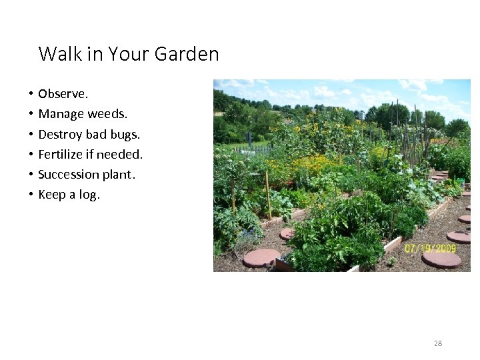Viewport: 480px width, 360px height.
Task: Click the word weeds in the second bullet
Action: (x=104, y=114)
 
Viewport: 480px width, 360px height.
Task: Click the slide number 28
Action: (x=437, y=343)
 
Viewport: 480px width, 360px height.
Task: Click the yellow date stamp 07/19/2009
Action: (x=430, y=249)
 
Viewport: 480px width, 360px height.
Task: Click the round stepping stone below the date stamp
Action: (x=441, y=259)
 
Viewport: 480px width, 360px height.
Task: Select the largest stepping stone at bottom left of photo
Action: (x=261, y=257)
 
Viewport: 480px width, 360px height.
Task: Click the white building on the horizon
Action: (x=361, y=115)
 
